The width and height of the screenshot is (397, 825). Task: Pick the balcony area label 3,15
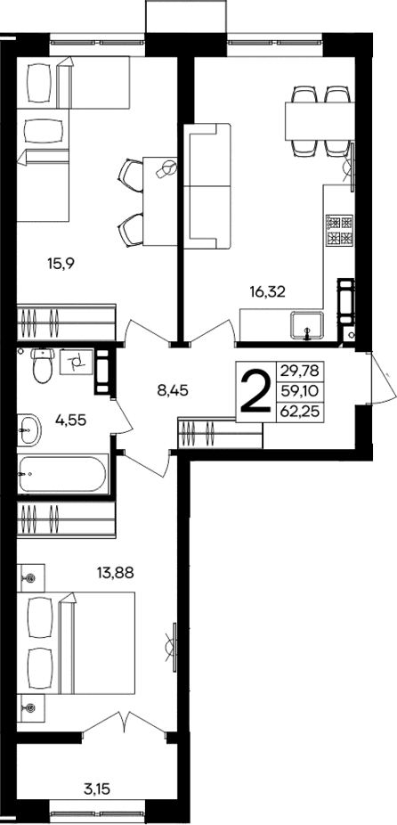tap(97, 788)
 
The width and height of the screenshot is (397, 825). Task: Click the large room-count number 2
tap(255, 393)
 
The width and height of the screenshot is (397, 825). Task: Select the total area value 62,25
tap(297, 411)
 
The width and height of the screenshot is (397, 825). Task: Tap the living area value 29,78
tap(297, 371)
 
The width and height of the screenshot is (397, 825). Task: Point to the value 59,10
tap(297, 391)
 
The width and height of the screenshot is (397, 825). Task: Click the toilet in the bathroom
tap(41, 365)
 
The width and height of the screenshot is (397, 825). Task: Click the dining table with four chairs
tap(316, 118)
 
